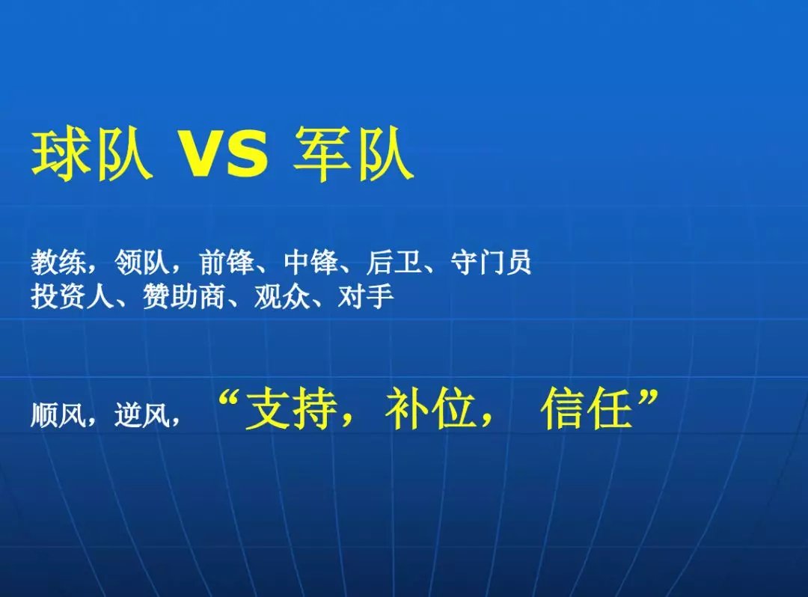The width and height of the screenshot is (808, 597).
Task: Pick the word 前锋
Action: point(227,262)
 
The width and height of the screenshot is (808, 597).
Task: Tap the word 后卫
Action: point(394,262)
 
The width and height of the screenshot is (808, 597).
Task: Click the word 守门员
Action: point(491,262)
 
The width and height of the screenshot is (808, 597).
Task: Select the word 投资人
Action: point(72,296)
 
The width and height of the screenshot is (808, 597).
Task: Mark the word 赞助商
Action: point(184,296)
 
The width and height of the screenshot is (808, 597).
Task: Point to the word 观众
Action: point(282,296)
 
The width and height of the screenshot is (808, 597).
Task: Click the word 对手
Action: point(366,296)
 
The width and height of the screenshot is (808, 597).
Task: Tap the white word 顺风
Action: point(58,414)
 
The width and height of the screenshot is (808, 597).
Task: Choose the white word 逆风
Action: point(142,414)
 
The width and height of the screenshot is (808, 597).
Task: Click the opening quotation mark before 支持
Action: point(230,399)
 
